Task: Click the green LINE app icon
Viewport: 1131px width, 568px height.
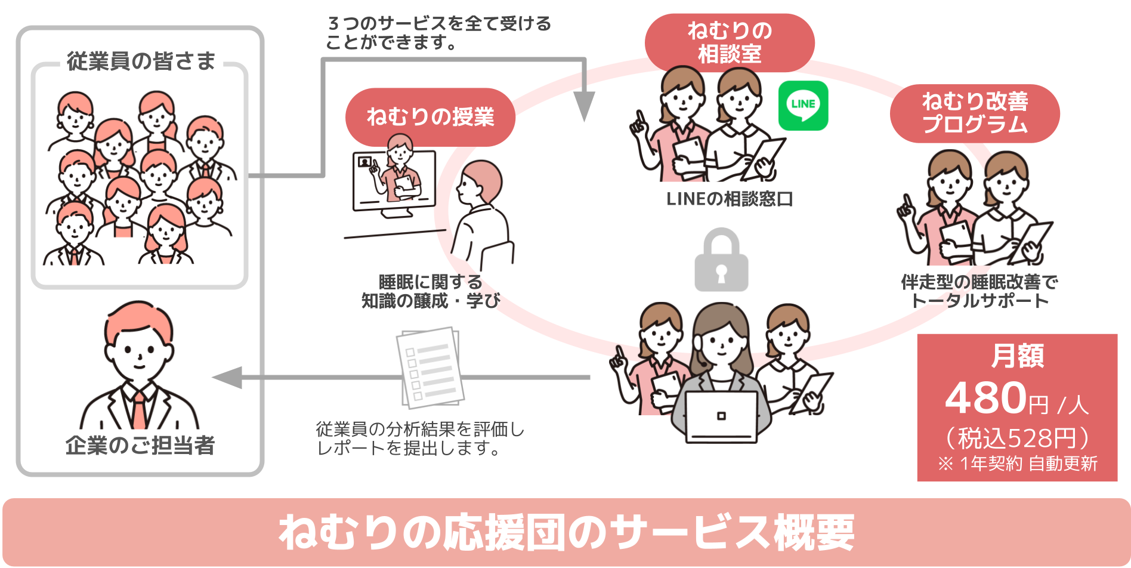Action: tap(803, 106)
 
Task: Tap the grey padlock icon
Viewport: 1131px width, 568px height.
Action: tap(721, 261)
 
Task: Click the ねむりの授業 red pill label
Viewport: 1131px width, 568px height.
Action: tap(430, 116)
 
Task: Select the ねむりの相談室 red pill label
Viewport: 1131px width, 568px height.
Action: tap(730, 42)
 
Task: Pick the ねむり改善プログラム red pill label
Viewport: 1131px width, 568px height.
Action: tap(975, 113)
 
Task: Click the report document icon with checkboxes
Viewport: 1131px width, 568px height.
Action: tap(430, 366)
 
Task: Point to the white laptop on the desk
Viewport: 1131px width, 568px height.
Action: tap(721, 416)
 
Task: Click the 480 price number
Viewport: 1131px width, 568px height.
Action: tap(985, 398)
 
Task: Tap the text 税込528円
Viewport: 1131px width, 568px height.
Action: tap(1017, 438)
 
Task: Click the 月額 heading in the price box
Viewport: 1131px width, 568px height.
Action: tap(1017, 356)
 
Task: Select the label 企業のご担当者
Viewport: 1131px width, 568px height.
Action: tap(140, 445)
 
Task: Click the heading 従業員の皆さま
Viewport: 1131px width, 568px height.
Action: tap(141, 61)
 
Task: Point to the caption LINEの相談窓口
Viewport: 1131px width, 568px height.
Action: tap(729, 199)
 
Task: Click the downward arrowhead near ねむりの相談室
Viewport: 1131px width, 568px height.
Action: tap(585, 106)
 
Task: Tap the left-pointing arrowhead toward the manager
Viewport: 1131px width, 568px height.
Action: tap(228, 377)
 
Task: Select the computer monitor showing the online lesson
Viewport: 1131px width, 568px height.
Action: tap(394, 182)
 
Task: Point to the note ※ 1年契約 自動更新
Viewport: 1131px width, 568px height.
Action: tap(1017, 464)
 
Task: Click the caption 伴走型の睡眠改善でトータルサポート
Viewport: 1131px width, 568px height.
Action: tap(979, 291)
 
